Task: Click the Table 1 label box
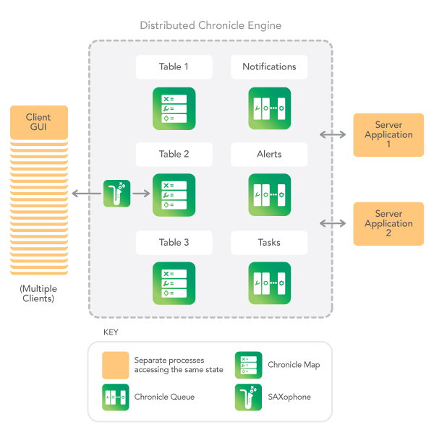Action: pos(174,67)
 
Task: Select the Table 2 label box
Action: pos(174,155)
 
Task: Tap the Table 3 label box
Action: pos(174,243)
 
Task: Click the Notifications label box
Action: pos(269,67)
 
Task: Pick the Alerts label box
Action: pos(269,155)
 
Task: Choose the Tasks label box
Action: pos(269,243)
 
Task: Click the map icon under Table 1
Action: pos(174,108)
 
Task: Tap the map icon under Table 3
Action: pos(174,283)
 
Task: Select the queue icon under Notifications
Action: pos(269,108)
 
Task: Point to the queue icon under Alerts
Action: pos(269,195)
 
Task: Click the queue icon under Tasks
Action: pos(269,283)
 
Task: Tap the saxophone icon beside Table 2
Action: pos(116,194)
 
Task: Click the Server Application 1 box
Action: pos(388,135)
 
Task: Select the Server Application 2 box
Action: pos(388,224)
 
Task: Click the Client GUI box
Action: pos(38,123)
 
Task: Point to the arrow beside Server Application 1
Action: pos(333,134)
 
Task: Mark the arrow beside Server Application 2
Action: pos(333,224)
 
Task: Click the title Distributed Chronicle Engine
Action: pos(210,26)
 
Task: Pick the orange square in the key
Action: pos(116,366)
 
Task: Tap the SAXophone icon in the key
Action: pos(248,397)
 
